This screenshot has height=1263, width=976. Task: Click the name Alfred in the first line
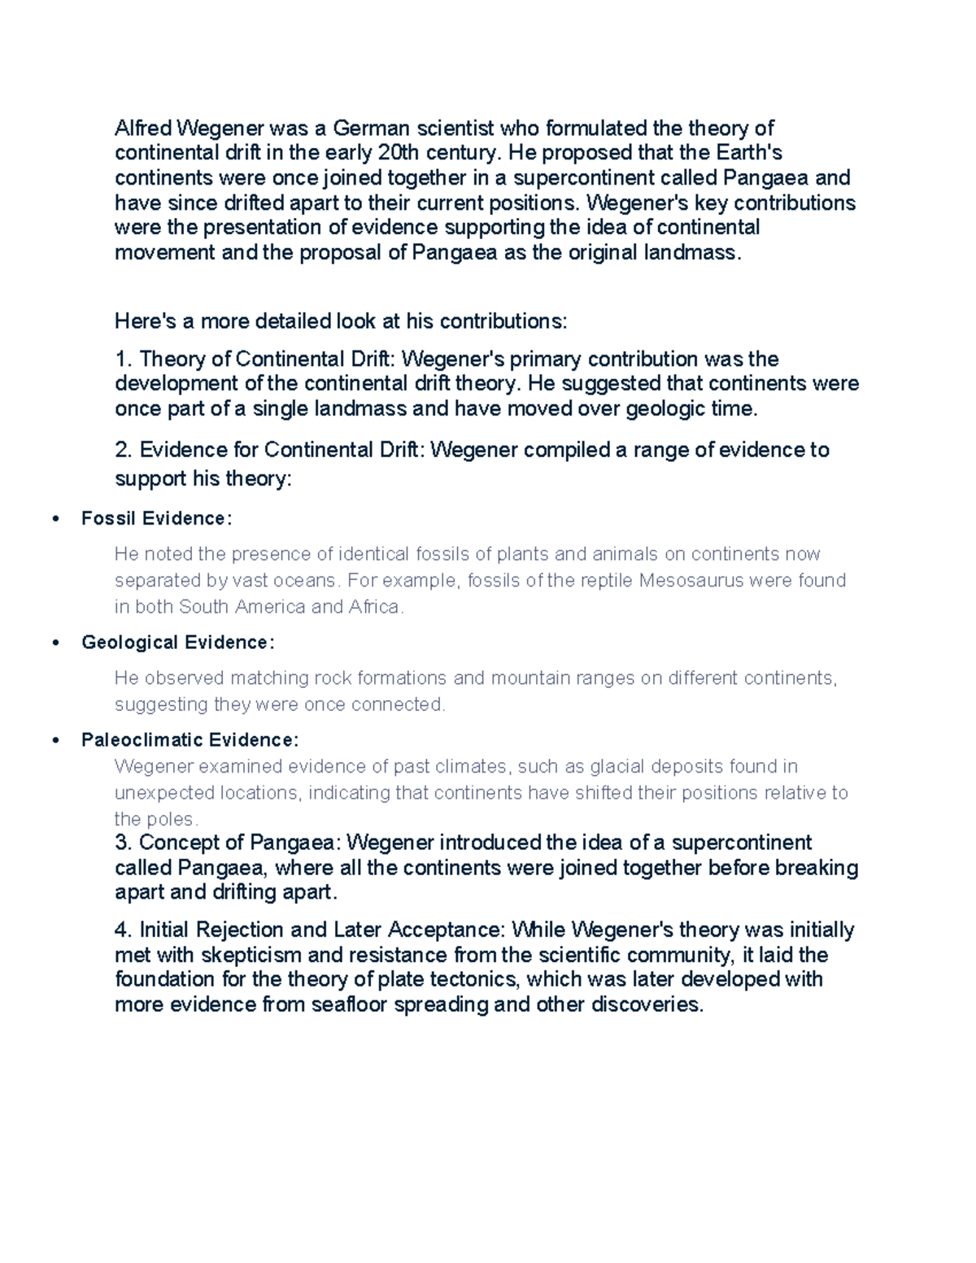pos(143,128)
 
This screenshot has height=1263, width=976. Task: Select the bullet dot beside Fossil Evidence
pos(55,519)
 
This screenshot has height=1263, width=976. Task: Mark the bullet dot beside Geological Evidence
pos(55,642)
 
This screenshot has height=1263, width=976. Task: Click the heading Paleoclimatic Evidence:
pos(190,740)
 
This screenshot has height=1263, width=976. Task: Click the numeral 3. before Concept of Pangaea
pos(123,843)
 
